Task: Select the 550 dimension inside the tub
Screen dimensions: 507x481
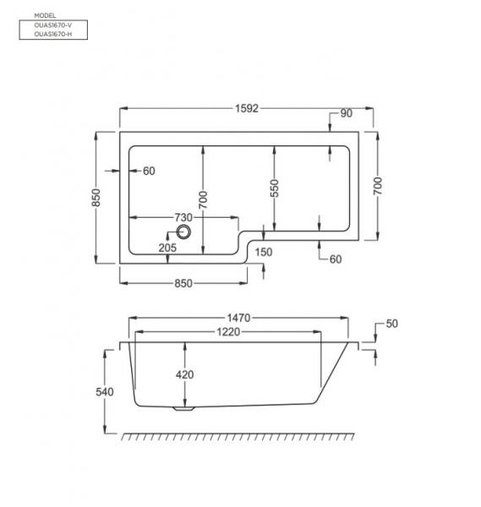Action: [275, 188]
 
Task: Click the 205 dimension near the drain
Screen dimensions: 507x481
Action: [167, 248]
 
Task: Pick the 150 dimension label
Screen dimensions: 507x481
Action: [263, 252]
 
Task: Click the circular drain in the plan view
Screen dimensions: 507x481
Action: [185, 232]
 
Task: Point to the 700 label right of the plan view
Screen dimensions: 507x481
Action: [378, 185]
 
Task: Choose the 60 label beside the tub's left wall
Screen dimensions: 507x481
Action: [149, 172]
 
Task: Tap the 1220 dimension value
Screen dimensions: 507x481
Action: [228, 332]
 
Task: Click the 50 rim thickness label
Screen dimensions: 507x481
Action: [391, 324]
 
